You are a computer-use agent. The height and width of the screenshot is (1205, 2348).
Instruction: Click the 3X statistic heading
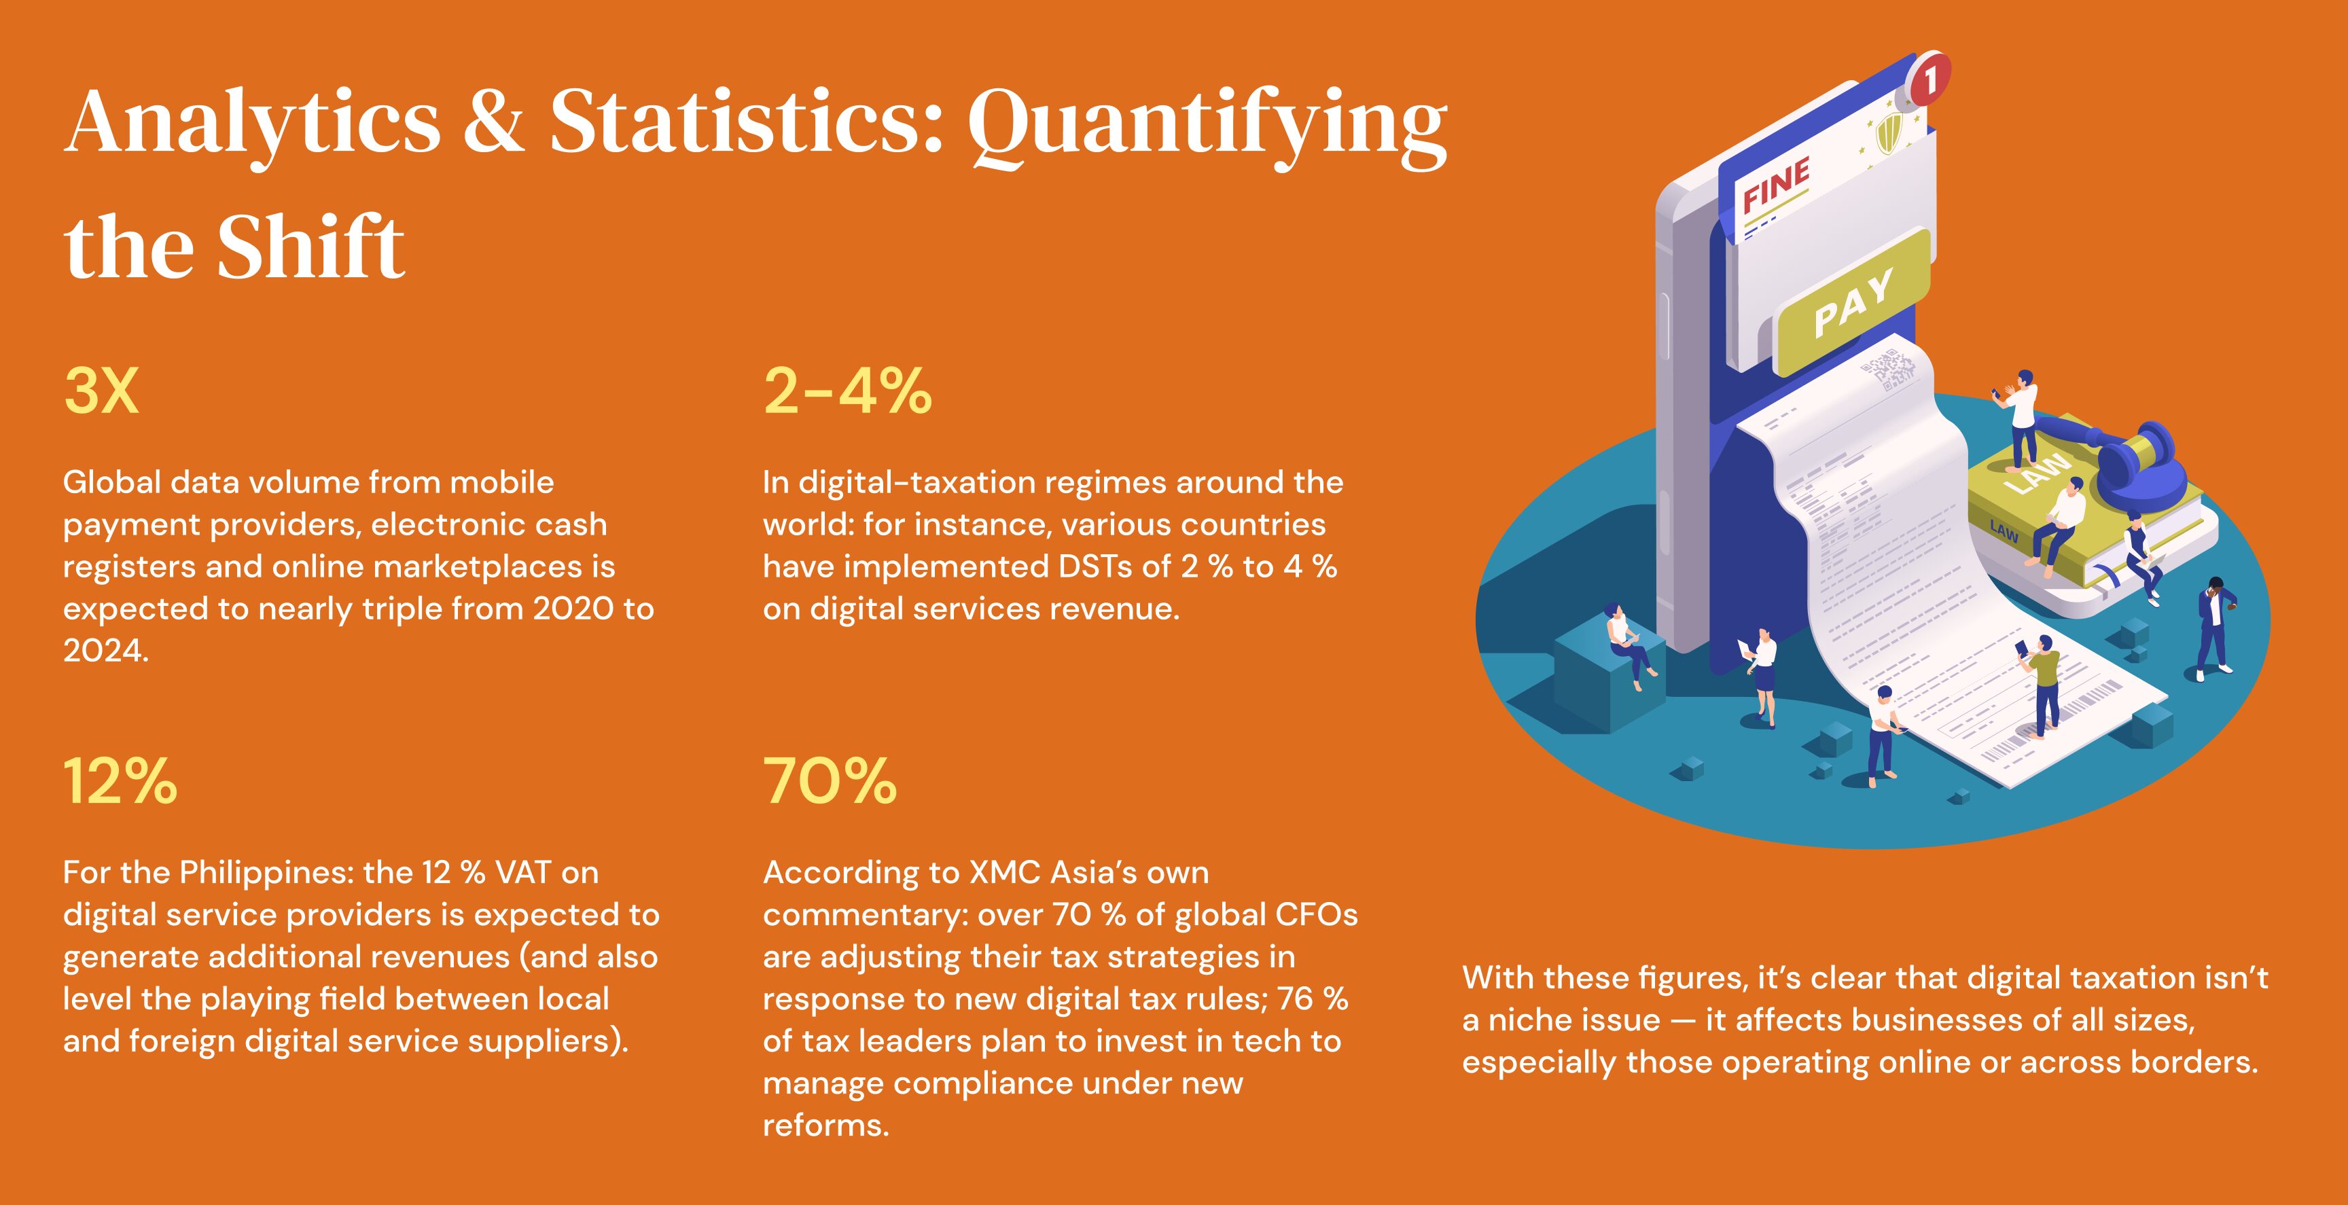tap(101, 392)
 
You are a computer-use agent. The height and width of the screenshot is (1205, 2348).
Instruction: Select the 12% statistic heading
tap(120, 782)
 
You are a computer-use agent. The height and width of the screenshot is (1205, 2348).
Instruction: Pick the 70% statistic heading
tap(830, 782)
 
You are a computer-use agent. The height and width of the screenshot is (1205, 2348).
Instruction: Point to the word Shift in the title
tap(310, 248)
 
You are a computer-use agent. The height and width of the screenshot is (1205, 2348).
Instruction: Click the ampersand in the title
tap(493, 123)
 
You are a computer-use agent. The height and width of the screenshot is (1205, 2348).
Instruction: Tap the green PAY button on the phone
tap(1853, 302)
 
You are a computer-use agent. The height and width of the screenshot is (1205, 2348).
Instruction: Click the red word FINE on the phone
tap(1775, 185)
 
